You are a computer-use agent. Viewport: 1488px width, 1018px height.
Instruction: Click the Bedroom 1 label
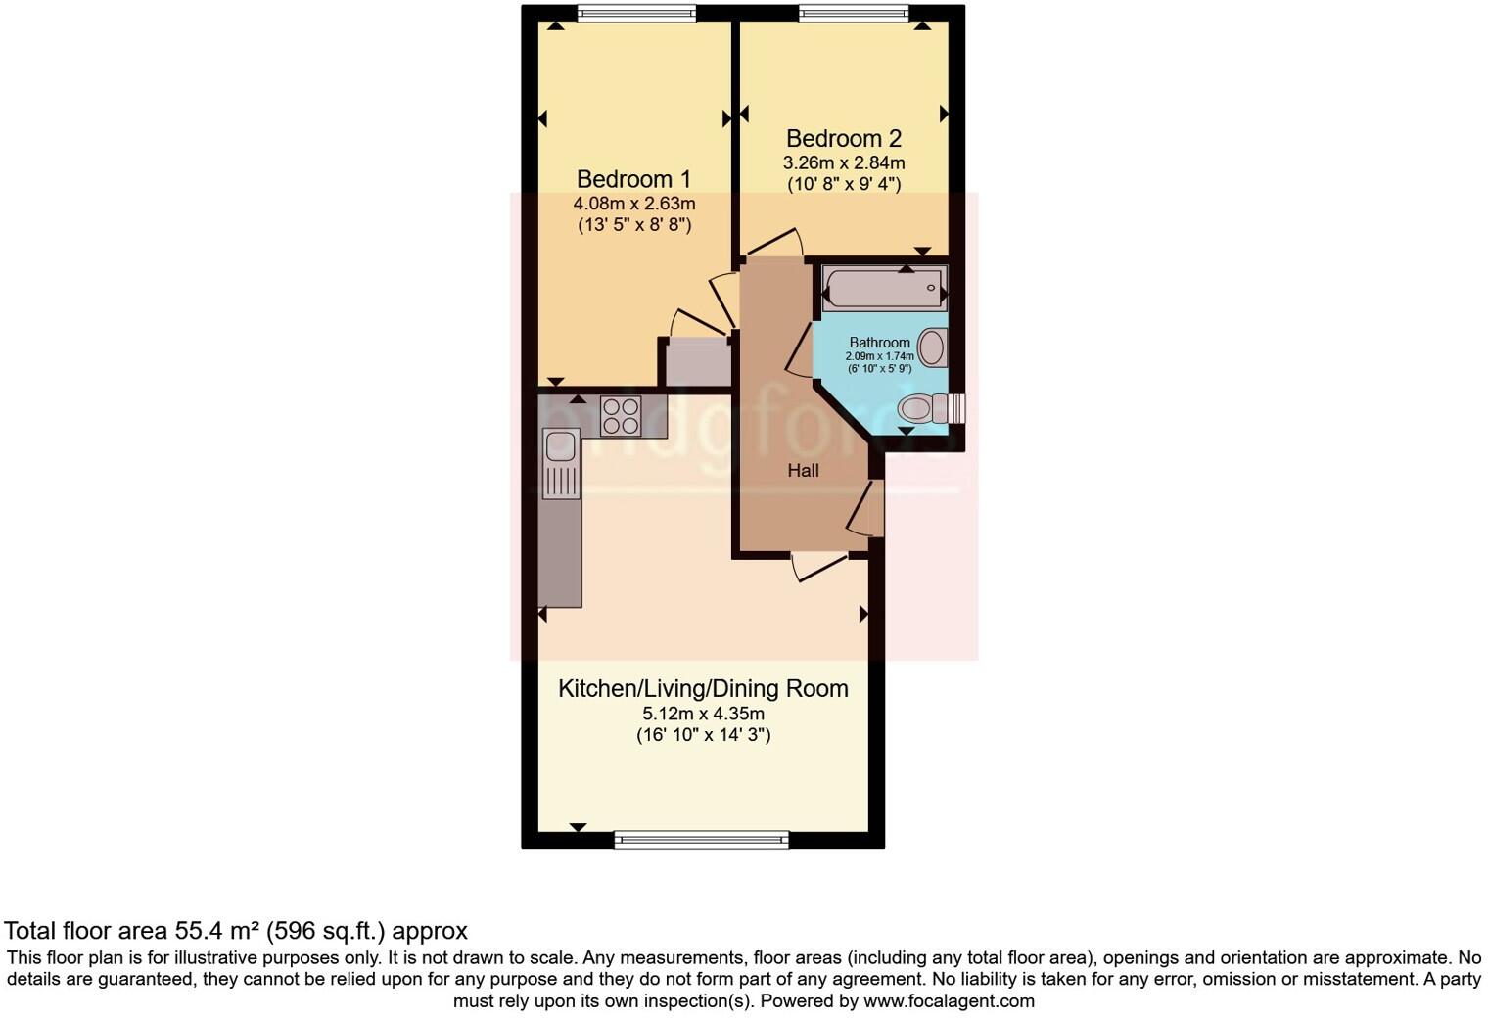633,179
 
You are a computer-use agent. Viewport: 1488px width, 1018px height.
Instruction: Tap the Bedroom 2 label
843,139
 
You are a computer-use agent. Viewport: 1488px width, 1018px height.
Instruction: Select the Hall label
803,471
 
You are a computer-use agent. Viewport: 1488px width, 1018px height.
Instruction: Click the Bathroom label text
879,343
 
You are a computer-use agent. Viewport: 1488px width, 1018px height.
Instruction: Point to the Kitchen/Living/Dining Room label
703,688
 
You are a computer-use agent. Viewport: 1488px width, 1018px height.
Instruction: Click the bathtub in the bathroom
884,288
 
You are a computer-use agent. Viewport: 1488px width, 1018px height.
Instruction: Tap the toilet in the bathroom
925,408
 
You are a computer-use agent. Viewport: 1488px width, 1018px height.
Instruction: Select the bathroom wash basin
933,347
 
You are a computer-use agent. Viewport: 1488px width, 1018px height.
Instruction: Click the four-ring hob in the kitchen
621,415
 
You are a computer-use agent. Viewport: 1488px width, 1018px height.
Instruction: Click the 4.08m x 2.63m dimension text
634,204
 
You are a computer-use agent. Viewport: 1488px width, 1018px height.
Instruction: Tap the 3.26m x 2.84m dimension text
843,162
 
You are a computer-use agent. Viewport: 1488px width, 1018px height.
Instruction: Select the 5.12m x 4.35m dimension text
703,714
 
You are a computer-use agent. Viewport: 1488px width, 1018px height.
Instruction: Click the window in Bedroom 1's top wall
636,13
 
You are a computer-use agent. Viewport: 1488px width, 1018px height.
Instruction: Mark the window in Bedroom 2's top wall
854,13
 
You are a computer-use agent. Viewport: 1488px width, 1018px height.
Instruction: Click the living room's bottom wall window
701,839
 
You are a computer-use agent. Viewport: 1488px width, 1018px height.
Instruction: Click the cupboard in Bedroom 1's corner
698,362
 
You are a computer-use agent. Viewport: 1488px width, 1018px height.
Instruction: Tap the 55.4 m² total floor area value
219,930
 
